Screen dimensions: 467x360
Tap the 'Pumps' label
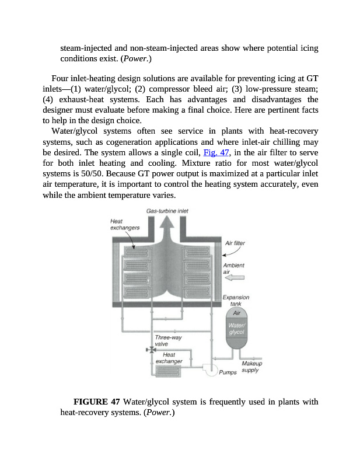point(228,373)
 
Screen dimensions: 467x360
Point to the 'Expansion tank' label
point(236,301)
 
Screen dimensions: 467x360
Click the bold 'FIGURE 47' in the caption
point(96,402)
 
